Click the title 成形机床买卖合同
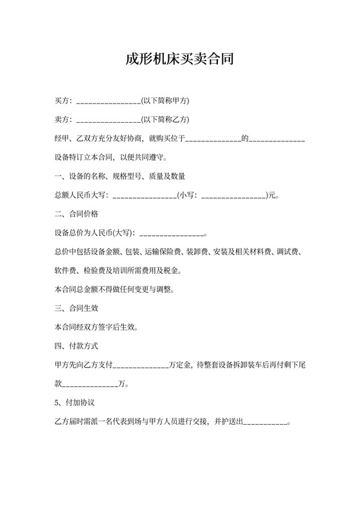(x=179, y=60)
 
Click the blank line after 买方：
(x=109, y=102)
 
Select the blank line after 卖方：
(x=109, y=120)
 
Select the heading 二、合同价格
(x=76, y=213)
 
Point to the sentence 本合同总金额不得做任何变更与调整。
(x=115, y=289)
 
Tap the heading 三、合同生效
(x=76, y=308)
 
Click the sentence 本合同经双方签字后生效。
(x=96, y=326)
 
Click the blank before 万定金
(x=141, y=365)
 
